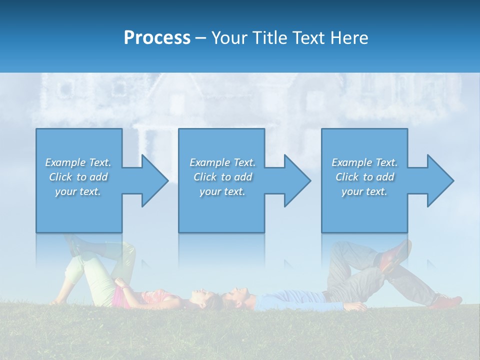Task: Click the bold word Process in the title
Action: [157, 38]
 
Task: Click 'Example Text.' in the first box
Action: [78, 162]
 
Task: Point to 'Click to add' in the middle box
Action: [222, 177]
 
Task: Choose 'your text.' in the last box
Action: [364, 191]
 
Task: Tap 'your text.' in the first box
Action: [78, 191]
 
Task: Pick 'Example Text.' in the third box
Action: [364, 162]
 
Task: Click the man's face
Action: [237, 296]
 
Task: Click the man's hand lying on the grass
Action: [356, 306]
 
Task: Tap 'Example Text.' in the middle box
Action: [222, 162]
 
